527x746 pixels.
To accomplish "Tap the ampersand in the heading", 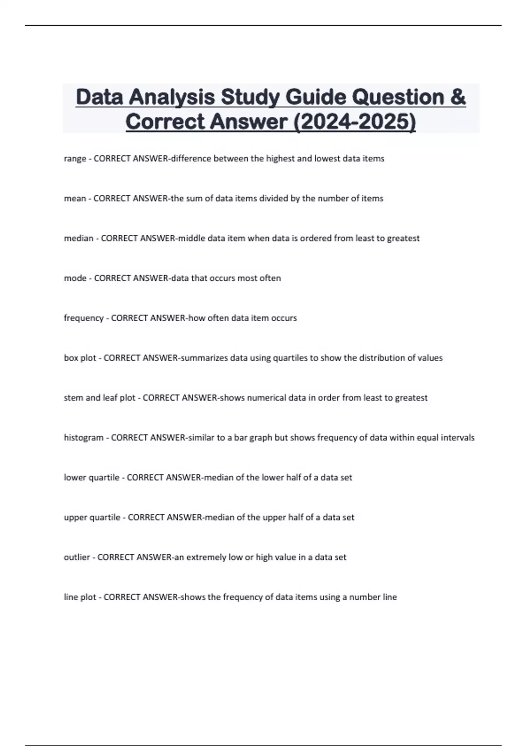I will coord(458,97).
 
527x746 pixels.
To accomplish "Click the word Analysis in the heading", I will coord(172,97).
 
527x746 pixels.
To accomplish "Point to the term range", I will coord(75,158).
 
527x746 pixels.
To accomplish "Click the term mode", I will coord(75,278).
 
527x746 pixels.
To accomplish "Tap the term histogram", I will coord(83,438).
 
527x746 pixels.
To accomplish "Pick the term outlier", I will coord(77,557).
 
